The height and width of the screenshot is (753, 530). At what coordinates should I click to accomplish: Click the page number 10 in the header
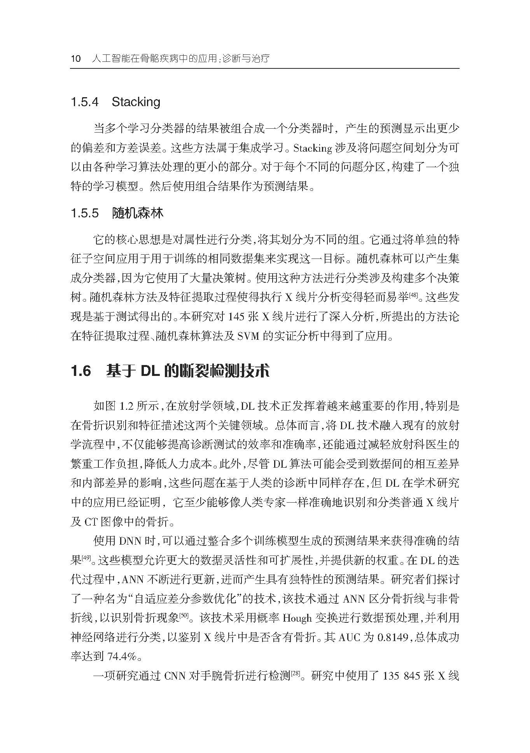pyautogui.click(x=75, y=59)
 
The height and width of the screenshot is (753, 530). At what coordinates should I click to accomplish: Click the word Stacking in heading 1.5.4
pyautogui.click(x=136, y=102)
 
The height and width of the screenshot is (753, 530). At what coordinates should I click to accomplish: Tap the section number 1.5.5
pyautogui.click(x=84, y=213)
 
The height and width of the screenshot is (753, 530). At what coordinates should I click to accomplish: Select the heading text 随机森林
pyautogui.click(x=138, y=213)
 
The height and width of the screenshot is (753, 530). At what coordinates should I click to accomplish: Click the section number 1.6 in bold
pyautogui.click(x=81, y=371)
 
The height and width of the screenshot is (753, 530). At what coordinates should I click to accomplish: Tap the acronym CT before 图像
pyautogui.click(x=90, y=522)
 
